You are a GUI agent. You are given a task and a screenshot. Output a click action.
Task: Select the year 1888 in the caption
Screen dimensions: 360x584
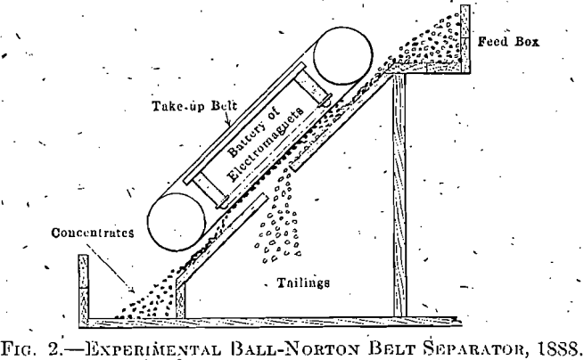click(556, 341)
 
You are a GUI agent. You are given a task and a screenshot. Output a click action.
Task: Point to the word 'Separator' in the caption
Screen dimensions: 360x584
click(476, 341)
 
